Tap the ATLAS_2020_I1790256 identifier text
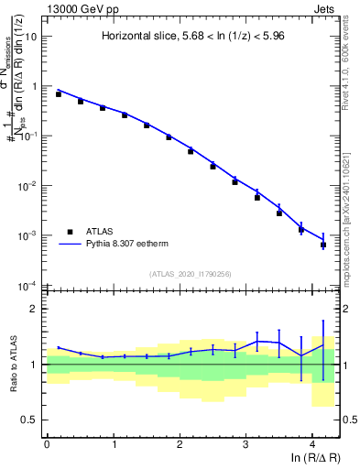pos(191,273)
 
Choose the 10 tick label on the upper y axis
pos(30,37)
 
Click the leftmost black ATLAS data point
pos(58,94)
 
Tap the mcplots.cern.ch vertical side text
pos(352,211)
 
